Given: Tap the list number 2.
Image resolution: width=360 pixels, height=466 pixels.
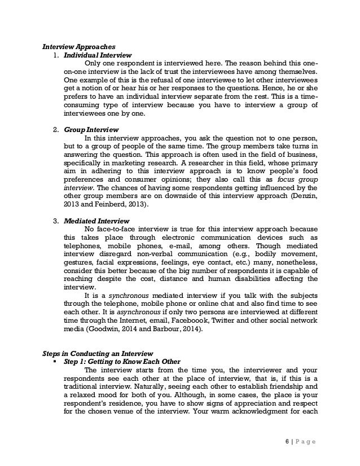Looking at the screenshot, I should (55, 130).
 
